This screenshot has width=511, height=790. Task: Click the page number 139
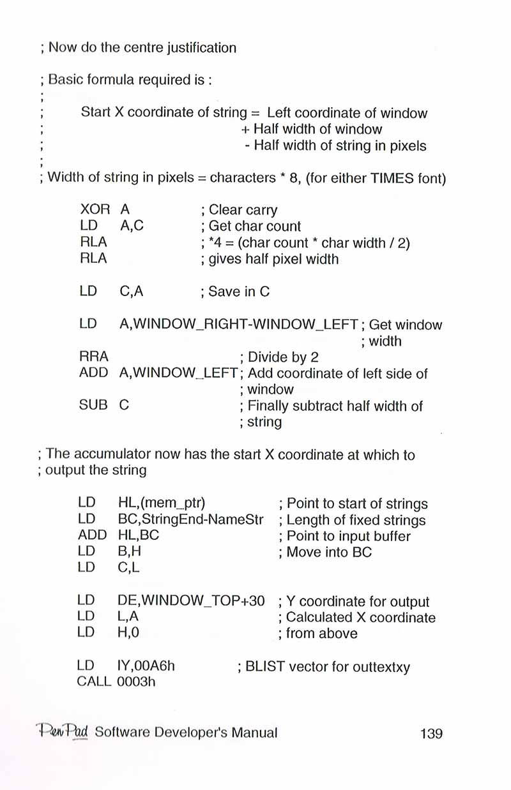431,733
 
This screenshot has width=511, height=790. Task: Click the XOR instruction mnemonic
95,209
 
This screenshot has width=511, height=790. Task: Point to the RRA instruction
94,357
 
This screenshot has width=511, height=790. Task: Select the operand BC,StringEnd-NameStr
191,520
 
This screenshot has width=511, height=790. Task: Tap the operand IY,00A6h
146,667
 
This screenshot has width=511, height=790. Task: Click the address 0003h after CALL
139,682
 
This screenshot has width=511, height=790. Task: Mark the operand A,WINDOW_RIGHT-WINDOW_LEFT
238,325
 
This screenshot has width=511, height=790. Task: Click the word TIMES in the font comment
393,177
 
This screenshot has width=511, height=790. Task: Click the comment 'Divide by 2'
282,357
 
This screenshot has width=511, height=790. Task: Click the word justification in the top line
194,48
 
